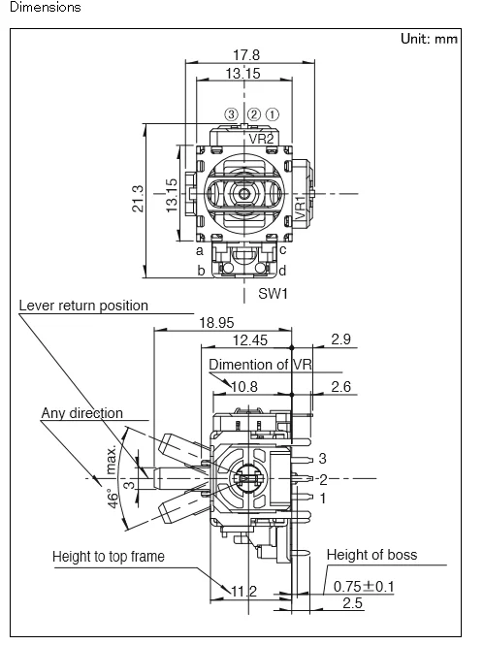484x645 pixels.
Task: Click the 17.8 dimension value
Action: (x=246, y=54)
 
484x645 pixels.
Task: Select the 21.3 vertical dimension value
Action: (x=138, y=199)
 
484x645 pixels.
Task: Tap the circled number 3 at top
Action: (x=232, y=113)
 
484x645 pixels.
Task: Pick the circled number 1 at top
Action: (x=273, y=113)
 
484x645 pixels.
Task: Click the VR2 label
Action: (x=261, y=139)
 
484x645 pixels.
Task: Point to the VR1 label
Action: (x=301, y=209)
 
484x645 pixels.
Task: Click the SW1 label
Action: (x=274, y=294)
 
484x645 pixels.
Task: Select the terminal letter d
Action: (x=282, y=271)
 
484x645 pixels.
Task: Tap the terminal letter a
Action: (x=200, y=250)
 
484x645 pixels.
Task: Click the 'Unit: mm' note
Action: (x=429, y=39)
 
